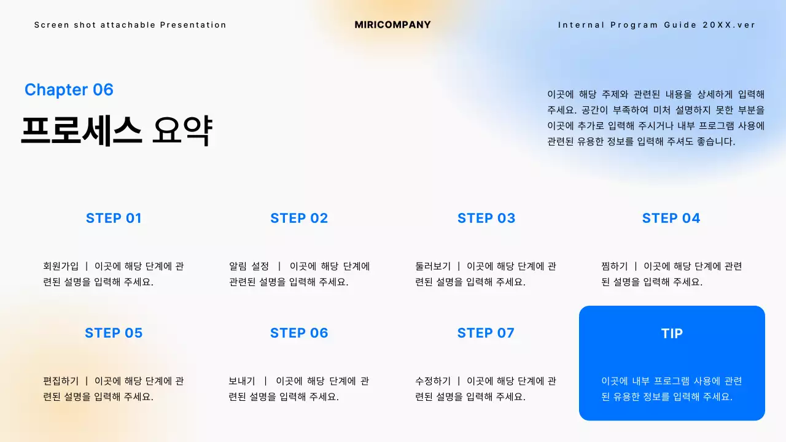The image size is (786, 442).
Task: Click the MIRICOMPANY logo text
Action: point(393,25)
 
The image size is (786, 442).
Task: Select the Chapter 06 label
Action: point(69,90)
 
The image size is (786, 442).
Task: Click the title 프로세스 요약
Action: point(116,130)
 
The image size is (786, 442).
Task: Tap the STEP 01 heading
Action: point(114,218)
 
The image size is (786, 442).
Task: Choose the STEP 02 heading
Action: point(299,218)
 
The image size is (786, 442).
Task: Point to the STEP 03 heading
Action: point(486,218)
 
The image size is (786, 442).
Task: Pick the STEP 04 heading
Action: point(671,218)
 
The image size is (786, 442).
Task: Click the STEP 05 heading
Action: point(114,333)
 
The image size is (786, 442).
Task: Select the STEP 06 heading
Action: point(299,333)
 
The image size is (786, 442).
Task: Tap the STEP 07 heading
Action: point(486,333)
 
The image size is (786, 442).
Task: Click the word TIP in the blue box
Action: point(672,333)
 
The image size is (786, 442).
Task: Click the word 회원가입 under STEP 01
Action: point(61,266)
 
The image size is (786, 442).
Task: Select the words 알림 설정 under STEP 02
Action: point(249,266)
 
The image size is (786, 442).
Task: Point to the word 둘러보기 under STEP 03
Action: point(433,266)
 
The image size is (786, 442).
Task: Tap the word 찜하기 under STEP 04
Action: point(615,266)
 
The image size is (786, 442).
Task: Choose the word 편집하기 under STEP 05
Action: point(61,381)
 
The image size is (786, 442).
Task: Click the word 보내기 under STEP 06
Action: point(242,381)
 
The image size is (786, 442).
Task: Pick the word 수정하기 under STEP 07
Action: point(433,381)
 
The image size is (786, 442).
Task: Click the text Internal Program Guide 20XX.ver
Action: point(656,25)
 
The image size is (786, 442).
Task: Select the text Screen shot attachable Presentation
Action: point(130,25)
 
